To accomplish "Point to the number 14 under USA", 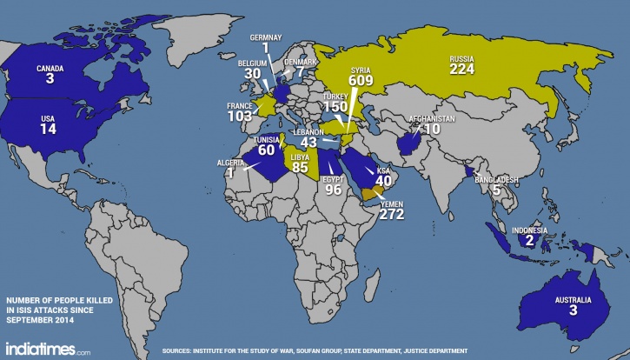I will [48, 129].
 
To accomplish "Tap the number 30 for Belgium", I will [252, 75].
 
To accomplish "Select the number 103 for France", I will [239, 116].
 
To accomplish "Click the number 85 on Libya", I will [301, 166].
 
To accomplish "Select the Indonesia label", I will [527, 230].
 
